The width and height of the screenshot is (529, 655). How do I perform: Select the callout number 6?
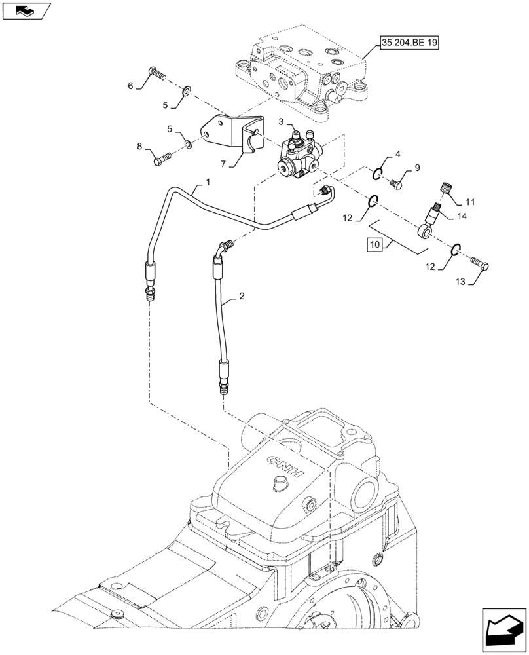coord(130,86)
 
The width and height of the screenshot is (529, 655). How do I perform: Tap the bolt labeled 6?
coord(157,74)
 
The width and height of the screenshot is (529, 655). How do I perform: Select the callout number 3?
coord(262,122)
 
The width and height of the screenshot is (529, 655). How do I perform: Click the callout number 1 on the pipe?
coord(208,182)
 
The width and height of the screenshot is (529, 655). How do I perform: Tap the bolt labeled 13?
coord(482,265)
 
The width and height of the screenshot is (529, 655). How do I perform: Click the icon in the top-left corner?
coord(26,10)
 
